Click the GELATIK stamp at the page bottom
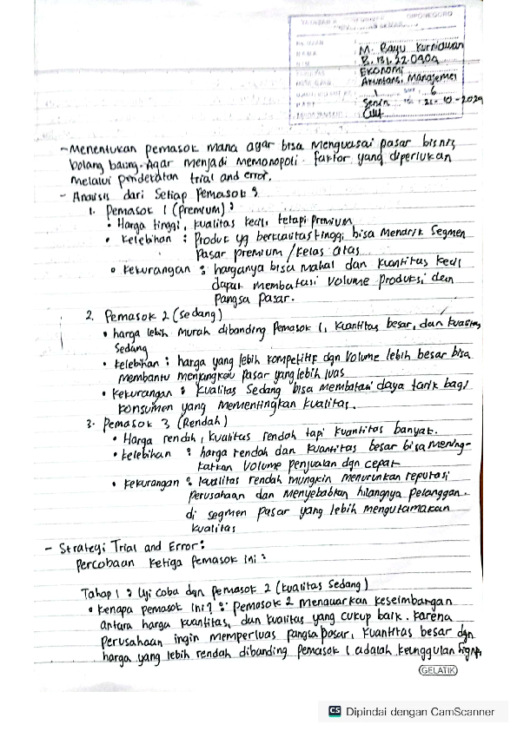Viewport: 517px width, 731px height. click(439, 670)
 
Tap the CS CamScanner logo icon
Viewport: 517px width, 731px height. click(335, 711)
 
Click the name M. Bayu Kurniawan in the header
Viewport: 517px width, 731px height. click(411, 49)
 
